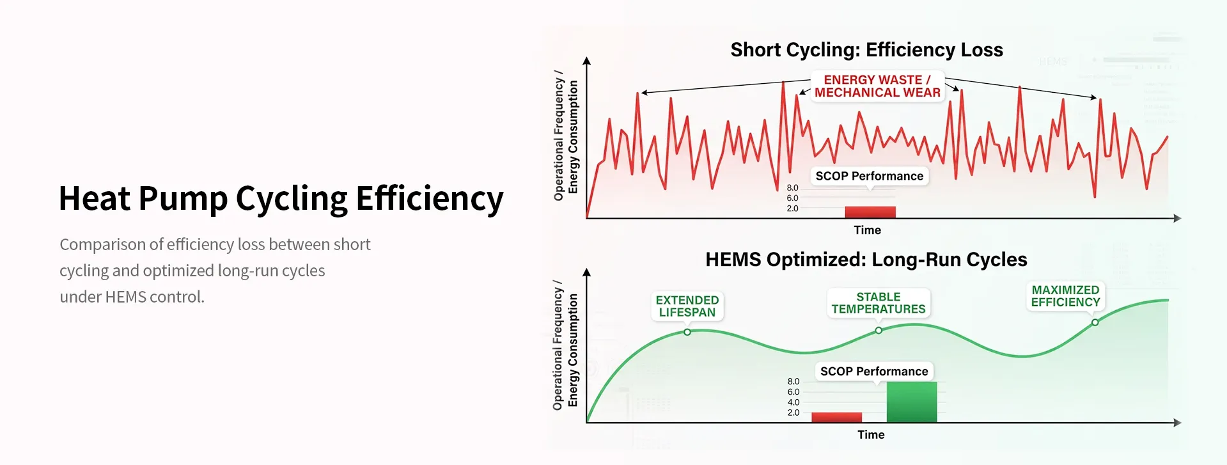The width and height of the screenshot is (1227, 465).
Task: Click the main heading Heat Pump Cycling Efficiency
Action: pos(281,198)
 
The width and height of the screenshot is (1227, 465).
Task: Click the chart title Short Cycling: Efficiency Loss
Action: pos(866,50)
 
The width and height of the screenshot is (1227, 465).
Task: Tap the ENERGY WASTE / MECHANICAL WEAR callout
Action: pos(877,86)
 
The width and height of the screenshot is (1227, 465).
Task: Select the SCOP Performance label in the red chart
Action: pos(869,176)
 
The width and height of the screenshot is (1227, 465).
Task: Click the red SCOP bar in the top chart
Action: pos(870,212)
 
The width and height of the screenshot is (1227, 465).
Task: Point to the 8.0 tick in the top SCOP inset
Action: pos(792,188)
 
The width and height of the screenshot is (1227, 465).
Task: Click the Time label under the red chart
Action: pos(867,230)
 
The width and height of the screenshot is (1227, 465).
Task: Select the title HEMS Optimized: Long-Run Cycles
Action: pos(866,260)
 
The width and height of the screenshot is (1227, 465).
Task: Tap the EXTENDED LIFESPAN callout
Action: pos(687,306)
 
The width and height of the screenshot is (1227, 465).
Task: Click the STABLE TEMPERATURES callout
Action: pos(878,303)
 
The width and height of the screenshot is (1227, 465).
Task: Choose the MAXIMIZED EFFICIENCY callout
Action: pos(1065,296)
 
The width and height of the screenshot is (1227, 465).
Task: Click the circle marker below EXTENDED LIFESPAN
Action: pos(687,332)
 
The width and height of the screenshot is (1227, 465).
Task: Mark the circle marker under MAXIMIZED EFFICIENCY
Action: pos(1095,322)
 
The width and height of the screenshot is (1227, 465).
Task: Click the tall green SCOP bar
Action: pos(911,402)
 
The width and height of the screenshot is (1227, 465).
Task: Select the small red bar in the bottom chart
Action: pos(836,417)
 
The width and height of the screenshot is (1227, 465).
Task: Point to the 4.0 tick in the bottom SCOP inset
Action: pos(793,402)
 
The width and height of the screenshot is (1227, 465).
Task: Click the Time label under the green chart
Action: pos(871,435)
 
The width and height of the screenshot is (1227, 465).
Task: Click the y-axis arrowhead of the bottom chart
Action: pos(587,272)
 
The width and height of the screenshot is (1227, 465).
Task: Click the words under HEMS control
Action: pos(132,297)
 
